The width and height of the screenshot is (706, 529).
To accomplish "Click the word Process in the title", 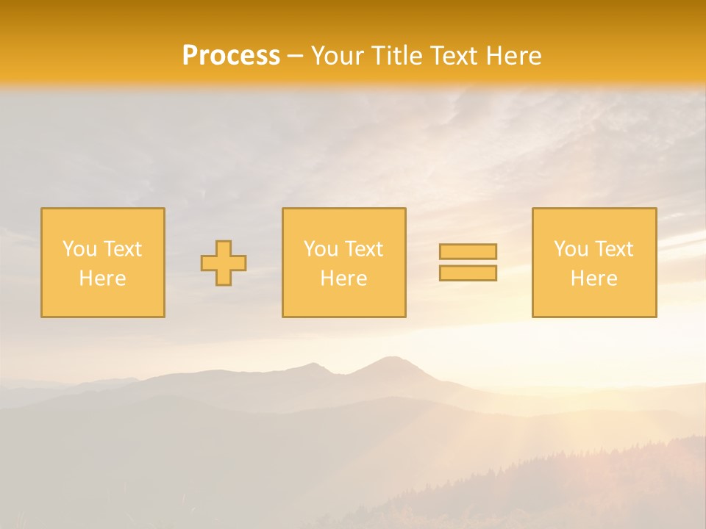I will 231,56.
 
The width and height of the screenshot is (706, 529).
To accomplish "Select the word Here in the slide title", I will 514,56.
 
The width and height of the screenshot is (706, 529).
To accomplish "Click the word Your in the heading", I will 336,56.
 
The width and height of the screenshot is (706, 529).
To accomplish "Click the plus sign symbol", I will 224,263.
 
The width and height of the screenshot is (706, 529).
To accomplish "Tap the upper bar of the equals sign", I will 468,252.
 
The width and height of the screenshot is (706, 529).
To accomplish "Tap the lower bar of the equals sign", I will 468,273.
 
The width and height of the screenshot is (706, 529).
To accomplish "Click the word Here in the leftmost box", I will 102,278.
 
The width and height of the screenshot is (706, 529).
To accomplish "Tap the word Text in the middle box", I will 364,249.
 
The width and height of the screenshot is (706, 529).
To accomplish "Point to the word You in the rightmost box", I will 571,249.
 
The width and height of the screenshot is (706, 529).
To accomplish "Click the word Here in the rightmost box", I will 593,278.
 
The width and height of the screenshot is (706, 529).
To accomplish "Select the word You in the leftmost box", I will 79,249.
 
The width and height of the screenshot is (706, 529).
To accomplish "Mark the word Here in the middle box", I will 343,278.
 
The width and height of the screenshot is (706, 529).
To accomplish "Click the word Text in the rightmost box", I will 614,249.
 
